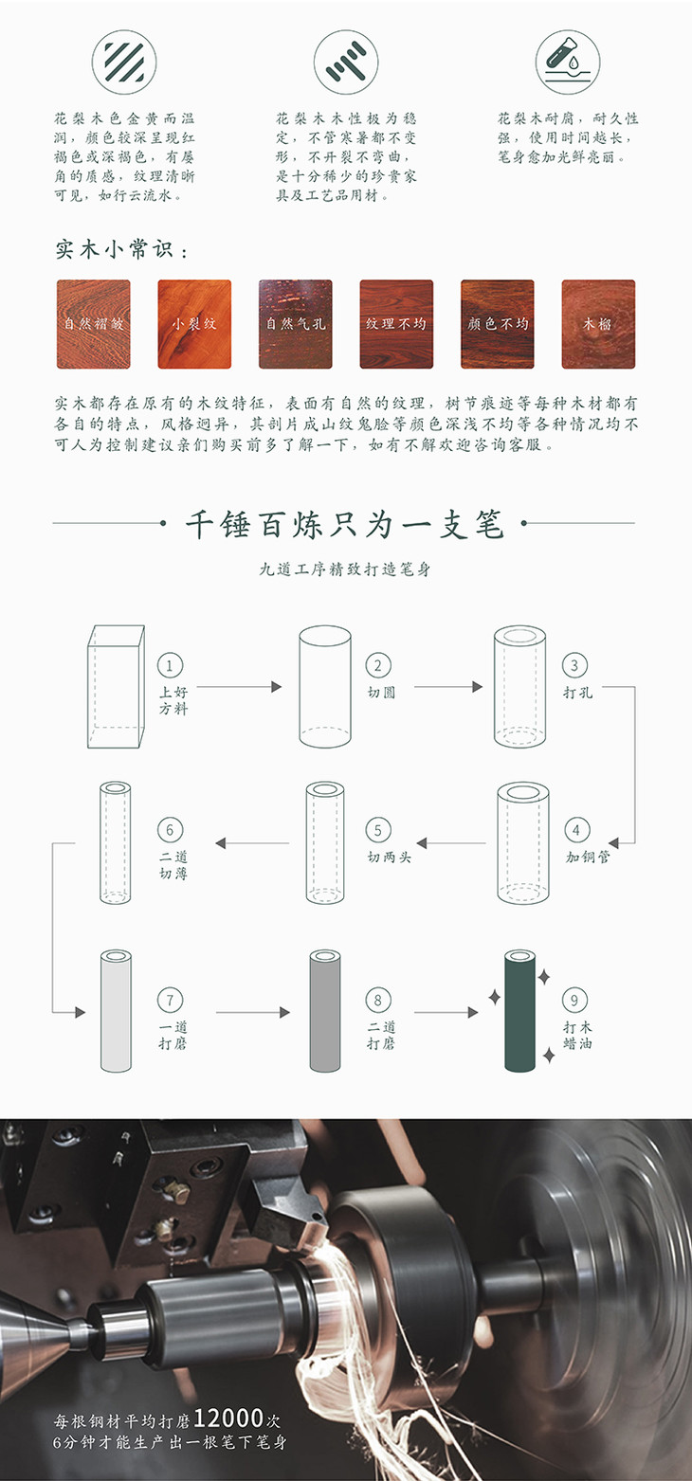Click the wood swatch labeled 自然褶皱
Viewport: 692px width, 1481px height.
click(93, 324)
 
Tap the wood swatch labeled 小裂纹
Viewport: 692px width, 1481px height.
click(194, 324)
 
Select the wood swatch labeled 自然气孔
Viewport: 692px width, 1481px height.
click(296, 324)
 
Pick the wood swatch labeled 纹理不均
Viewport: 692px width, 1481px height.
click(396, 324)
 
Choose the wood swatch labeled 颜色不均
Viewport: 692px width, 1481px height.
click(498, 324)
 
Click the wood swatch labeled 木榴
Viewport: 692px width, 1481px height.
click(598, 324)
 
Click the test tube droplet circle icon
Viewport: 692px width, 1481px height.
click(567, 62)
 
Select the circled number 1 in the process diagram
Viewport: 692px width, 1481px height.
click(173, 665)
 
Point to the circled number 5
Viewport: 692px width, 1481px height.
click(377, 831)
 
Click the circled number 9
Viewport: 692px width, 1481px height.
click(574, 1000)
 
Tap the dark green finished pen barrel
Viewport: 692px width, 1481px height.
click(519, 1010)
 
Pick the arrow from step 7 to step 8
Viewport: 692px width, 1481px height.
click(252, 1012)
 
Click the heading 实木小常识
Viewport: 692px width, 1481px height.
click(121, 251)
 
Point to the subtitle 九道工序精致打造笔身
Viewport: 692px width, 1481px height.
click(345, 570)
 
